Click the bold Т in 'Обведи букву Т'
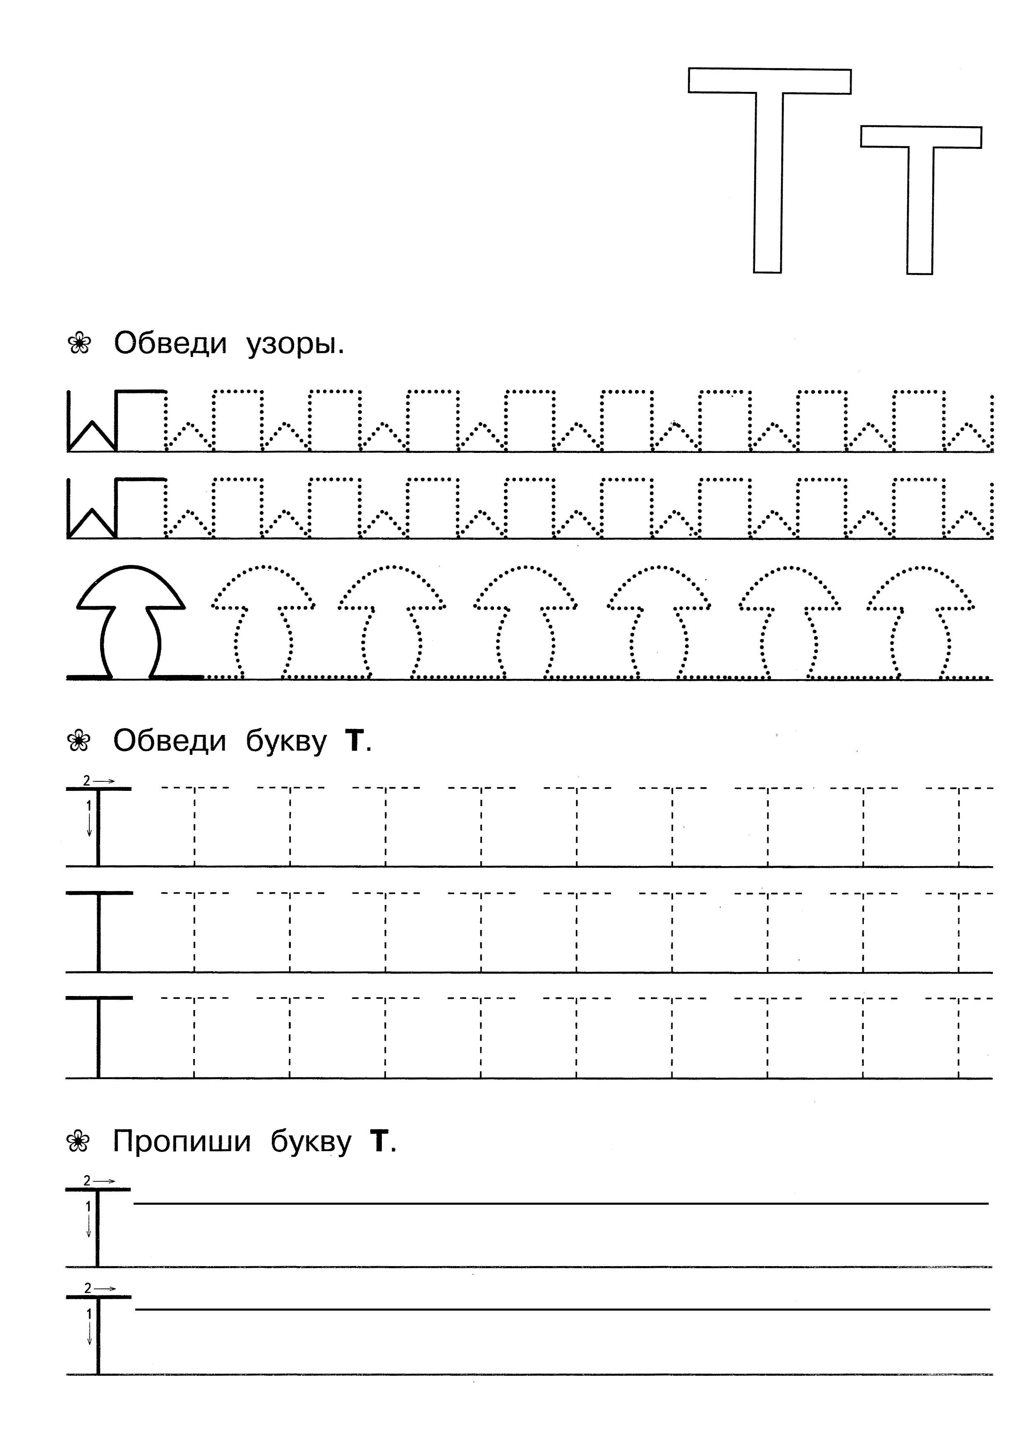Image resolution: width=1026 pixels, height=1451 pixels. pos(355,741)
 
